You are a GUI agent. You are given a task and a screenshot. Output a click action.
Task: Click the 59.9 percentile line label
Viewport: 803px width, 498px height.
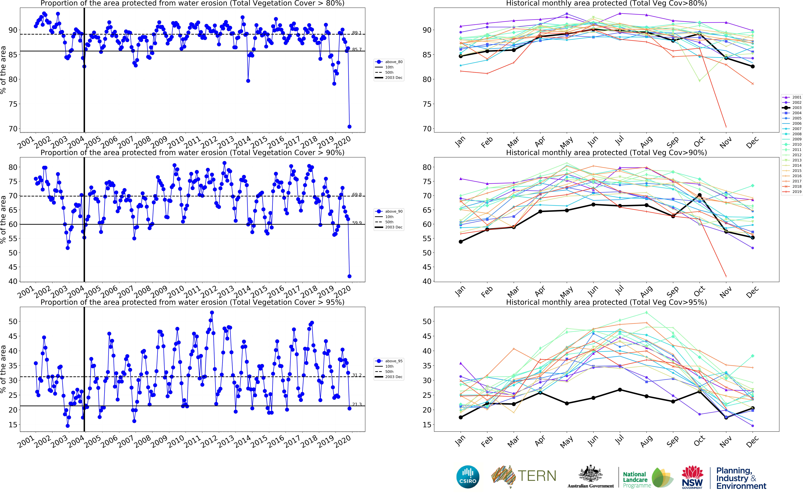point(357,223)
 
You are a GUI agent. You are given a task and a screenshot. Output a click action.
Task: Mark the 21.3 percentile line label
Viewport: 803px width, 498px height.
point(357,404)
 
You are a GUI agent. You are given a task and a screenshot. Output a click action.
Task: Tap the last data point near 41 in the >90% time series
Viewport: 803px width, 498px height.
point(349,276)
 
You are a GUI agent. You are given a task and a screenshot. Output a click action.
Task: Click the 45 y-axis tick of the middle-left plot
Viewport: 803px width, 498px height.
point(13,267)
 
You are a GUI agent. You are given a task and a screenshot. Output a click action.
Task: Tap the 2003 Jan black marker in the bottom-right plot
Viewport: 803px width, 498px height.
point(461,417)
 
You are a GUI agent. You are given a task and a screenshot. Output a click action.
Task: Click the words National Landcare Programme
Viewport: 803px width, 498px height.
point(637,480)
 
